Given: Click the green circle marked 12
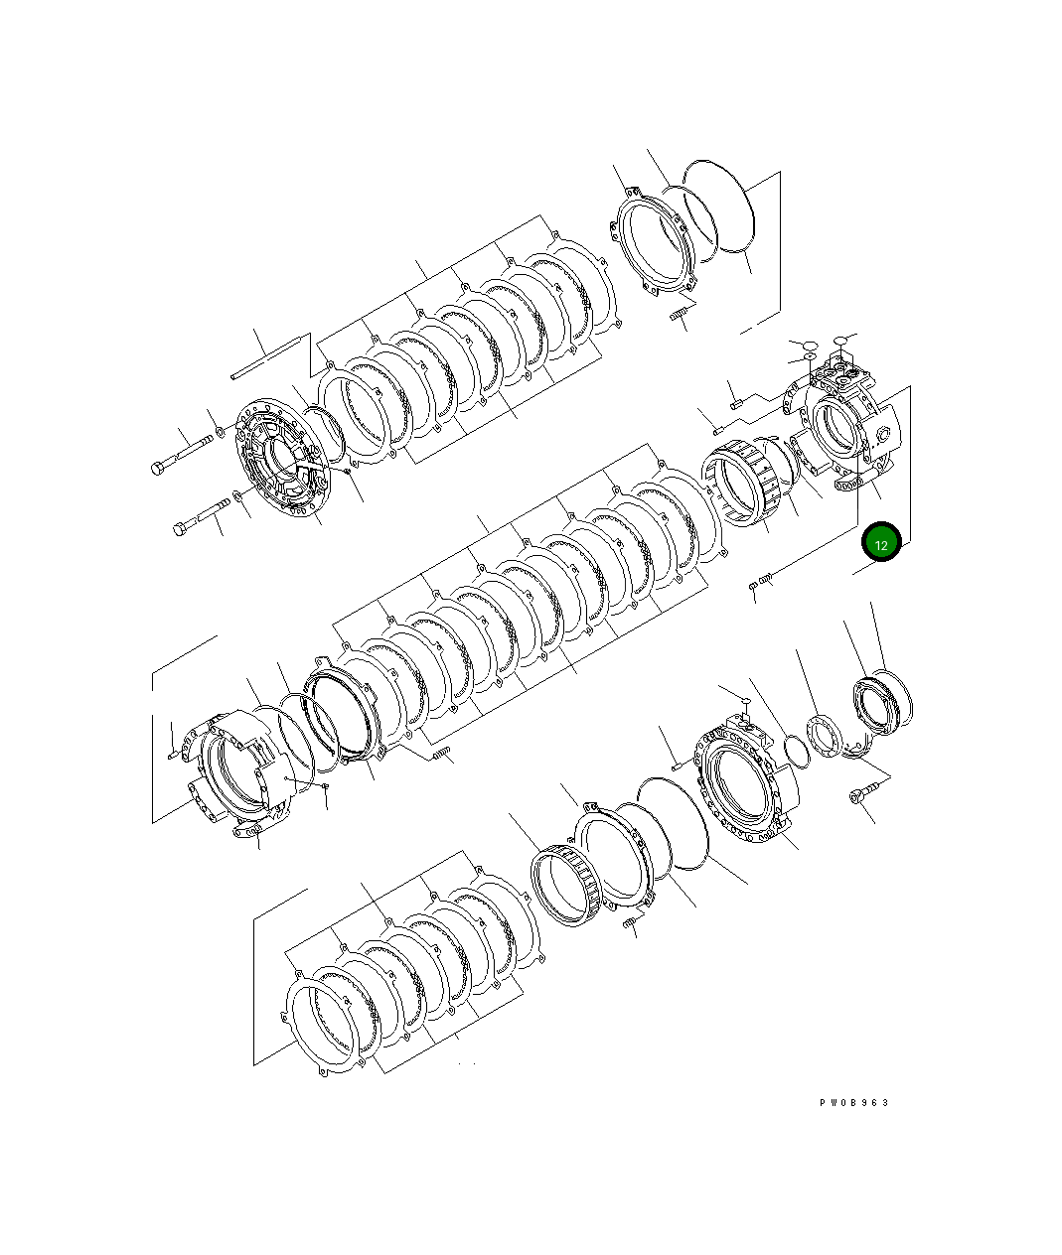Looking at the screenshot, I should pyautogui.click(x=881, y=543).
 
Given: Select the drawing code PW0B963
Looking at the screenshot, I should pyautogui.click(x=854, y=1102).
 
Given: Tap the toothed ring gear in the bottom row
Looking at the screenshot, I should pyautogui.click(x=566, y=886).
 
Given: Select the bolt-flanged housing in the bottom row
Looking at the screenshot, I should pyautogui.click(x=750, y=784).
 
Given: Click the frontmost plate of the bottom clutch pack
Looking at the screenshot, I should pyautogui.click(x=323, y=1023).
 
